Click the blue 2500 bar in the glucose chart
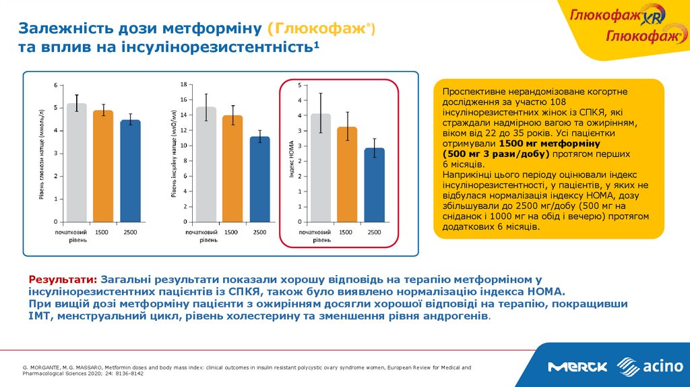click(x=130, y=171)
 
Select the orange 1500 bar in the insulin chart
click(x=232, y=169)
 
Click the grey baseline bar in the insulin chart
click(x=206, y=165)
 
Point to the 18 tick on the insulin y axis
click(x=183, y=84)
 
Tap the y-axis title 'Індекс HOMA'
click(x=291, y=162)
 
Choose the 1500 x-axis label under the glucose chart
click(x=102, y=232)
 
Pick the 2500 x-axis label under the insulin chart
click(x=259, y=232)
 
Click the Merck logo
click(x=577, y=367)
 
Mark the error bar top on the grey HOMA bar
click(x=320, y=93)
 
